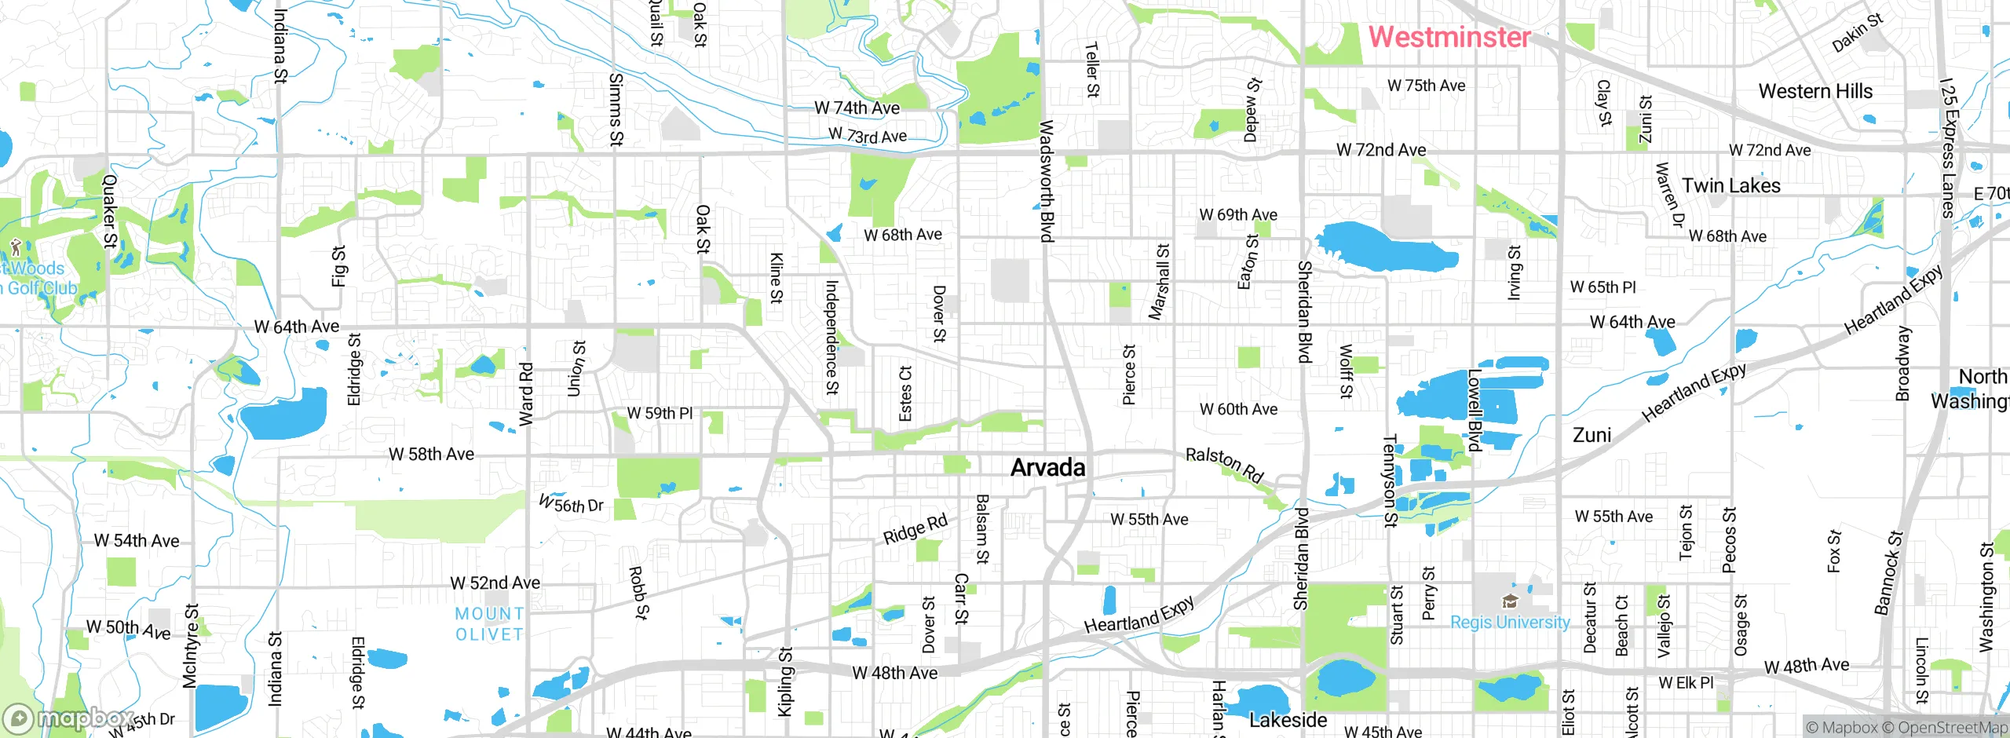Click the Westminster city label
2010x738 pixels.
point(1449,37)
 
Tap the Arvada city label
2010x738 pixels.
point(1047,468)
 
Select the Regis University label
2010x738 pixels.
point(1510,623)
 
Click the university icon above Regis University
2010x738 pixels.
point(1509,602)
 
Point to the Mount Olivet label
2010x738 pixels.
point(489,624)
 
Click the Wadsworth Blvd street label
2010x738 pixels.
point(1046,181)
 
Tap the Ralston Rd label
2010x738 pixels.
point(1224,465)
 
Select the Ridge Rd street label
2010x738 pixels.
point(915,530)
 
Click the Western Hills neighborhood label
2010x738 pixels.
point(1815,91)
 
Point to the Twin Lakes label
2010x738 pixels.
point(1730,186)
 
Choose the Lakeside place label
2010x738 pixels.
point(1288,720)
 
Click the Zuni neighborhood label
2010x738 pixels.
point(1592,435)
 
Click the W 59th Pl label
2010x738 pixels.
point(660,413)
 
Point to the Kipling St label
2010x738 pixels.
point(784,681)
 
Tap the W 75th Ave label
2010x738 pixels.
point(1426,86)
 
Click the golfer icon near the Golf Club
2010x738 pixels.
point(15,249)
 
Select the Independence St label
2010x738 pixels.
point(831,337)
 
